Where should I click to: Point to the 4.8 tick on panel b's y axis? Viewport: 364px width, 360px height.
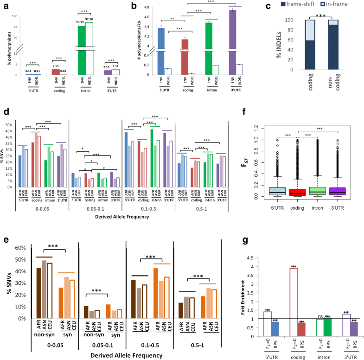pos(148,8)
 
